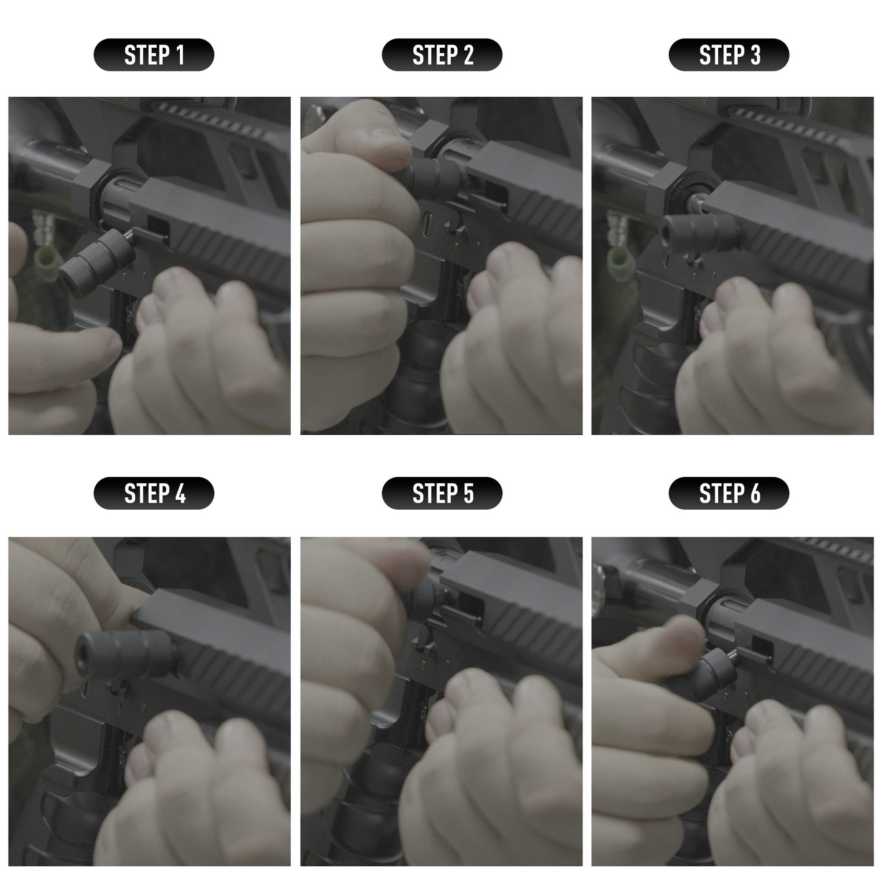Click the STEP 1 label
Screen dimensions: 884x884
(154, 55)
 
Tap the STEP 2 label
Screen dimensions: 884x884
(442, 55)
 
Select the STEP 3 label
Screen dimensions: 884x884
(729, 55)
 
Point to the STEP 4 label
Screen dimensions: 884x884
(154, 493)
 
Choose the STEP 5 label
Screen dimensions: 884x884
(442, 493)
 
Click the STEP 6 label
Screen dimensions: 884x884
(729, 493)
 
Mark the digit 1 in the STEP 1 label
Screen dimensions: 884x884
(180, 55)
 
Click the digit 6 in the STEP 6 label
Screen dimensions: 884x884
(755, 493)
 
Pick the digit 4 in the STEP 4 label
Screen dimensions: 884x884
(180, 493)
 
